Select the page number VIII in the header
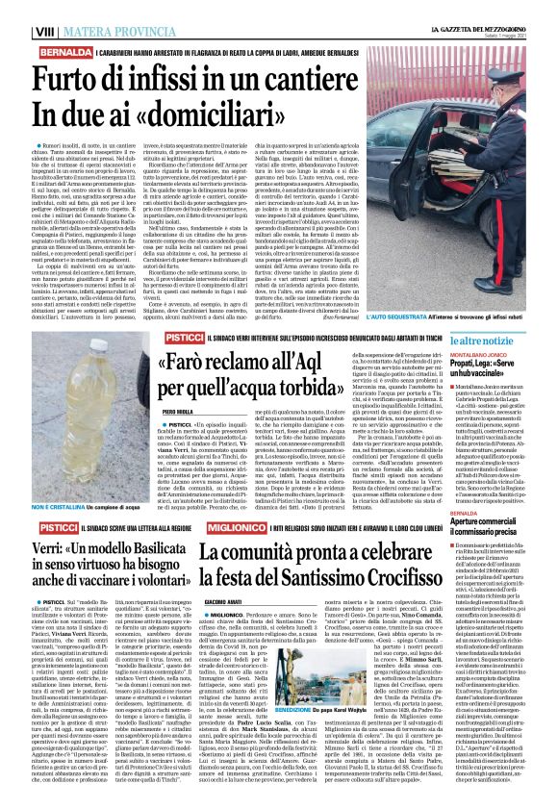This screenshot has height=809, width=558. click(x=17, y=10)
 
